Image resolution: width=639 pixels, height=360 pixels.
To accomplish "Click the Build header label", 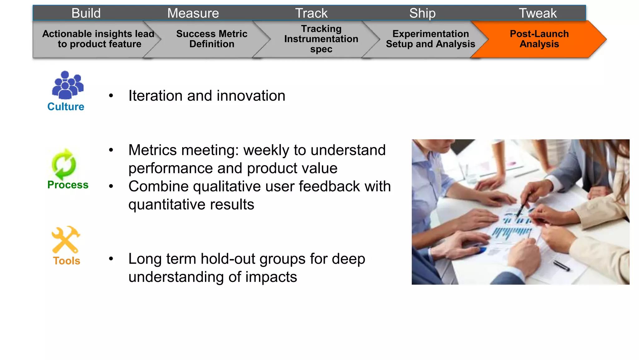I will tap(86, 13).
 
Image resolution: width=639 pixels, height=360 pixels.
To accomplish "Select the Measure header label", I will tap(193, 13).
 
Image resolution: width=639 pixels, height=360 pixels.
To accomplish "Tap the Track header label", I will tap(311, 13).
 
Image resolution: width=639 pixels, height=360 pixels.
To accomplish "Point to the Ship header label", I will tap(422, 13).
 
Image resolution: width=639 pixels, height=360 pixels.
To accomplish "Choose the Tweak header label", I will tap(537, 13).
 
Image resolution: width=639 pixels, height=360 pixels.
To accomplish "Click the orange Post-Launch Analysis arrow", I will tap(539, 39).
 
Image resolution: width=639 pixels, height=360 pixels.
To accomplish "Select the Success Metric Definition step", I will tap(212, 39).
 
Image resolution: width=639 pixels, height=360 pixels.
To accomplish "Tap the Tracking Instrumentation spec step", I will tap(321, 39).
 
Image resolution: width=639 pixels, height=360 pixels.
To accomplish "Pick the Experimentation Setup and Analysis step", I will tap(430, 39).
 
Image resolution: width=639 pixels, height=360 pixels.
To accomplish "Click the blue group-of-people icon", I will tap(67, 85).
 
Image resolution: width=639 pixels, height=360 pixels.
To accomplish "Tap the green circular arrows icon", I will tap(64, 164).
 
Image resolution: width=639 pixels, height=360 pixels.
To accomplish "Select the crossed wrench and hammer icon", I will tap(66, 239).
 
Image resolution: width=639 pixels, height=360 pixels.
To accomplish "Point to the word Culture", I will tap(66, 107).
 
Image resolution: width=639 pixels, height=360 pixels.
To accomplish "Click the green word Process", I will tap(68, 185).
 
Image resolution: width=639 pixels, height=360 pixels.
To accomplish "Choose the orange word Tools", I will tap(66, 261).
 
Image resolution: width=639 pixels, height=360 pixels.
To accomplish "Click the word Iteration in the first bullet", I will tap(156, 96).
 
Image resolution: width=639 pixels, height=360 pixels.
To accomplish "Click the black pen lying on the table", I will tap(561, 266).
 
